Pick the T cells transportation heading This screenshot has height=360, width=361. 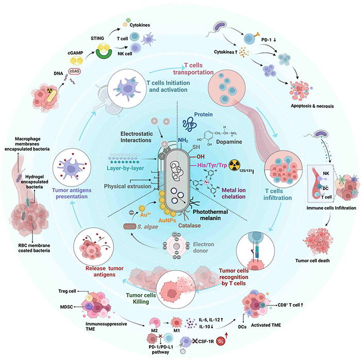click(x=198, y=70)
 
